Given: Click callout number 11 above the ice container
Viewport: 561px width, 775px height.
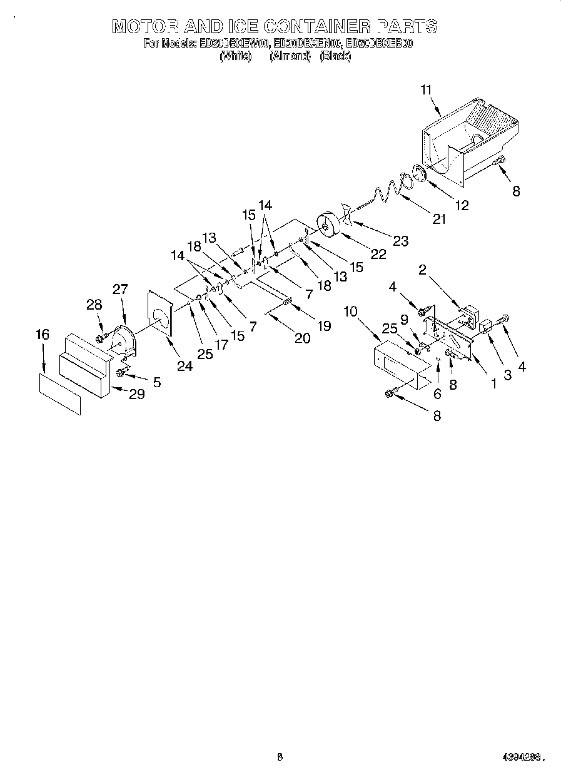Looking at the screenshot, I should click(427, 90).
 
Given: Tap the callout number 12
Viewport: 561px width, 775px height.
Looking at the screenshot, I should click(462, 205).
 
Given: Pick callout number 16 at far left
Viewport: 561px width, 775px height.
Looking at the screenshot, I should click(42, 335).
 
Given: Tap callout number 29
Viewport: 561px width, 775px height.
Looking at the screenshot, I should click(137, 394).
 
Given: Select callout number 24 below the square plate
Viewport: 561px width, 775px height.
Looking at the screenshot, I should click(184, 366).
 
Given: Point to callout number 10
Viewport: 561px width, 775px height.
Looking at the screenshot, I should click(350, 311).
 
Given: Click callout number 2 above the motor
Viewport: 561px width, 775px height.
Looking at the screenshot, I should click(423, 270).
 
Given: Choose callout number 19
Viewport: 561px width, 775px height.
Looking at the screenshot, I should click(323, 325).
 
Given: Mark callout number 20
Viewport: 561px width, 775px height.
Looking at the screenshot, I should click(302, 338).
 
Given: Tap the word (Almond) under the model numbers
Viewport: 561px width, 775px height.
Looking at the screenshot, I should click(290, 56).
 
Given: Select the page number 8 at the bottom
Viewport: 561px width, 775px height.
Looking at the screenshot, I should click(280, 757).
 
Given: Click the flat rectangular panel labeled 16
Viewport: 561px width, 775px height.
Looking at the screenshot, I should click(60, 394).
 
